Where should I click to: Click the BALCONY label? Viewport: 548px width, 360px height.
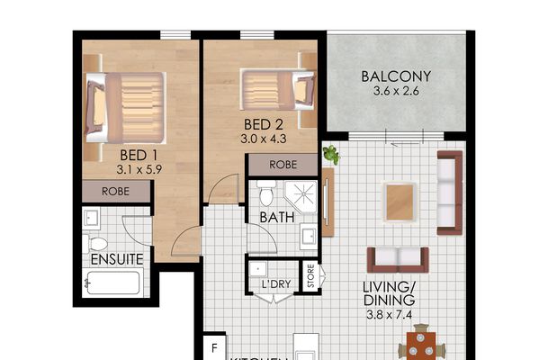[396, 76]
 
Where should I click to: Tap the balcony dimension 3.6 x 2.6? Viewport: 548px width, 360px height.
[396, 92]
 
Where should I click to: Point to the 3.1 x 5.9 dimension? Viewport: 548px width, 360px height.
[139, 168]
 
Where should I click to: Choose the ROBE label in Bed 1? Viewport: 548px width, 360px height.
[116, 192]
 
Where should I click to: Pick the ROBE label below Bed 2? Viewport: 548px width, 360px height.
[282, 165]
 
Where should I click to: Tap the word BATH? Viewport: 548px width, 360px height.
[277, 218]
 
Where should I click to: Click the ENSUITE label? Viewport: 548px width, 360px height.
[117, 259]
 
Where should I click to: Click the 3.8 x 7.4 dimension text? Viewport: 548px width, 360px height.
[390, 315]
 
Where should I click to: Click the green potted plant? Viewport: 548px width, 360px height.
[330, 155]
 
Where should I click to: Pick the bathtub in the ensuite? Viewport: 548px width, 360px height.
[112, 285]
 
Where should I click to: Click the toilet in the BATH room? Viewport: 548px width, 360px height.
[265, 195]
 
